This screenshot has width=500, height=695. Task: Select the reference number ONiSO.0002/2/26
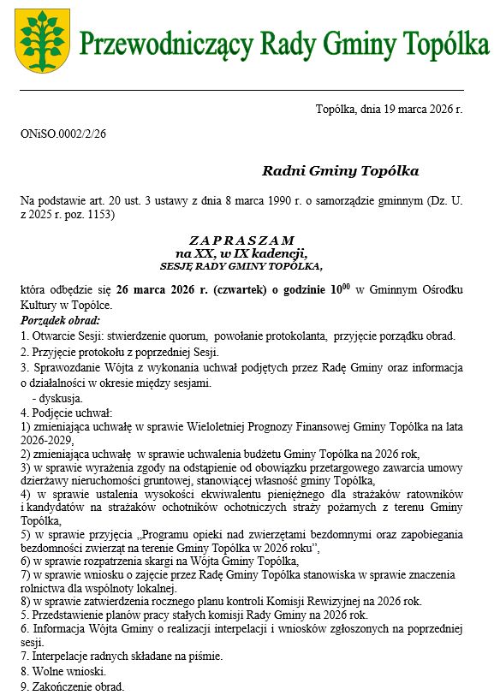coord(63,134)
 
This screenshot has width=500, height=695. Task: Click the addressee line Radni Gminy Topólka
coord(341,171)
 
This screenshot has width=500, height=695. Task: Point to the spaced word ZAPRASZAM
coord(241,240)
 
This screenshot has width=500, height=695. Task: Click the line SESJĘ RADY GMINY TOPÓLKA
coord(241,266)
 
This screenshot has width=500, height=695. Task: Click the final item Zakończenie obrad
coord(72,686)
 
